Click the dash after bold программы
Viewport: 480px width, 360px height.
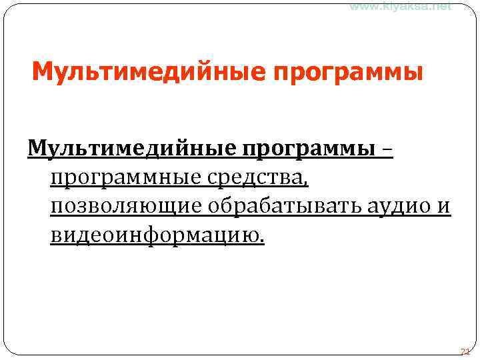(x=387, y=149)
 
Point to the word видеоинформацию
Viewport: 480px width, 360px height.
(x=155, y=236)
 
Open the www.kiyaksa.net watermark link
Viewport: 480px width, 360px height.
(x=401, y=6)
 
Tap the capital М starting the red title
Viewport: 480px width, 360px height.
(x=41, y=70)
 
